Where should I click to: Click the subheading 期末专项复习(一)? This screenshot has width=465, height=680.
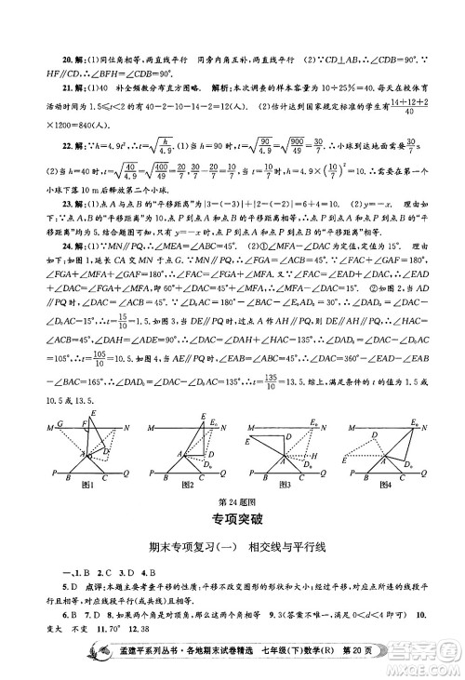pos(185,550)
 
